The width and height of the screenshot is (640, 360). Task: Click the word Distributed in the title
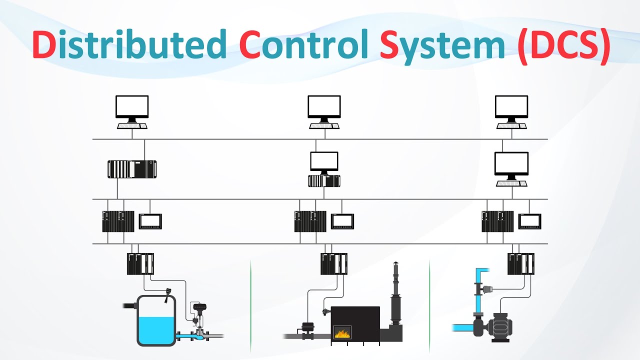[x=129, y=44]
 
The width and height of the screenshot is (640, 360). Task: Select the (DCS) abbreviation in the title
[x=563, y=45]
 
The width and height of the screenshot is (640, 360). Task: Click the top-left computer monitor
[x=132, y=107]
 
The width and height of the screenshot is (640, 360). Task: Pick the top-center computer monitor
[x=324, y=107]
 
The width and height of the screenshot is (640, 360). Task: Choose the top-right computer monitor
[x=511, y=107]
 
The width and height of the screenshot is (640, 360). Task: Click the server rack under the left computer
[x=132, y=169]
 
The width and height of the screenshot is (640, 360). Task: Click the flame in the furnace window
[x=342, y=332]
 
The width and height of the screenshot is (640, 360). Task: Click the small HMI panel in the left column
[x=150, y=221]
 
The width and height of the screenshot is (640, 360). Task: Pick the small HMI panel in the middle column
[x=342, y=221]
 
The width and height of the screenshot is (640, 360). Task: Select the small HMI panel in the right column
[x=530, y=221]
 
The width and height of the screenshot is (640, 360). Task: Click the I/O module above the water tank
[x=140, y=264]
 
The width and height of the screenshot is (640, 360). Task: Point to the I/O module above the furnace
[x=334, y=264]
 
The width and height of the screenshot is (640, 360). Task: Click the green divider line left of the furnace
[x=250, y=305]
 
